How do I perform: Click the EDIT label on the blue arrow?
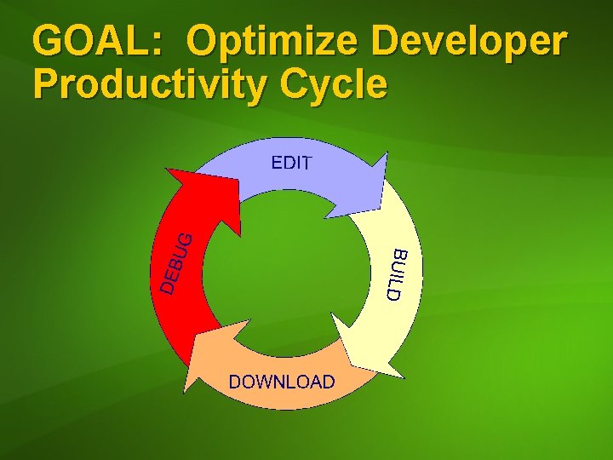tap(291, 163)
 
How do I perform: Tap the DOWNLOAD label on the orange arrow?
tap(282, 382)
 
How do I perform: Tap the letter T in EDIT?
tap(306, 163)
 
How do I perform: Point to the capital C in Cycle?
tap(287, 84)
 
